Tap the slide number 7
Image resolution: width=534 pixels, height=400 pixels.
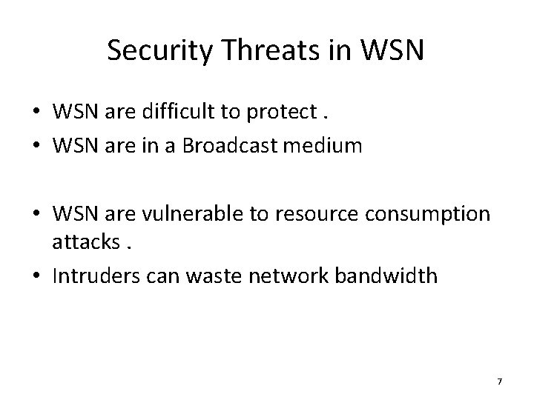tap(499, 381)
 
